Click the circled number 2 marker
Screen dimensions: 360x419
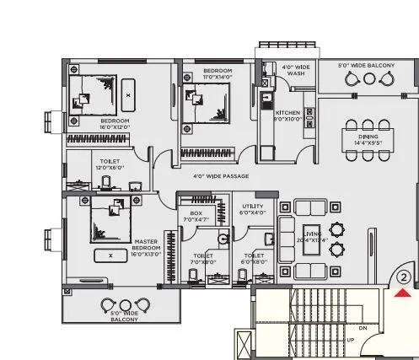(403, 276)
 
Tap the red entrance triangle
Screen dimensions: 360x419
(403, 293)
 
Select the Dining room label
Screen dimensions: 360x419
(368, 139)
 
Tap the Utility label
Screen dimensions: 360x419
(253, 209)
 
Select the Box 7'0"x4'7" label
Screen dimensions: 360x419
(196, 216)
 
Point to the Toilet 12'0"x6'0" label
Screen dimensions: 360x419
(109, 164)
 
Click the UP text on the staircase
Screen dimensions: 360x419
(351, 341)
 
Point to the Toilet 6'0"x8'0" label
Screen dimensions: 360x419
(254, 258)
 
